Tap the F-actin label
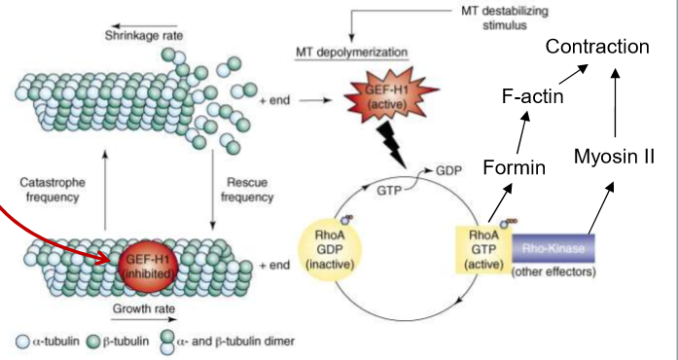[x=532, y=96]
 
